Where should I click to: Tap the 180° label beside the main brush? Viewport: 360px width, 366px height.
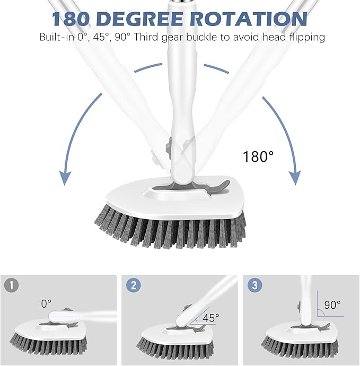258,156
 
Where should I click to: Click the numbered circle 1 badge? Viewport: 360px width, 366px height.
12,285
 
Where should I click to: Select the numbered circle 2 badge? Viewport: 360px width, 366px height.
134,285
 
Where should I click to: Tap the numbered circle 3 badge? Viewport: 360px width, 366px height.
255,285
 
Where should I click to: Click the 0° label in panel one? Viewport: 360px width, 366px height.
47,303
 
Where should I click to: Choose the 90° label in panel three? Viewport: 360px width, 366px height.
332,306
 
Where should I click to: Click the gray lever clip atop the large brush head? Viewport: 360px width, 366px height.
215,186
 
